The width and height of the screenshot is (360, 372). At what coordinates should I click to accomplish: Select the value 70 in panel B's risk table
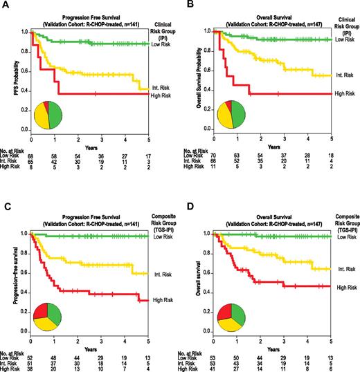[x=217, y=157]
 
